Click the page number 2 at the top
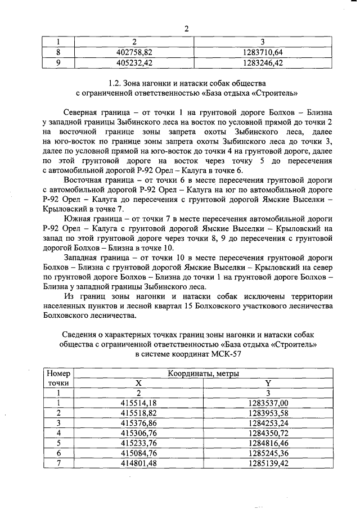(186, 29)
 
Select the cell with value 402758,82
(134, 52)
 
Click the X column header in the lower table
(138, 383)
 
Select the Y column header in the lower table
(268, 383)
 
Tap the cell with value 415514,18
(138, 403)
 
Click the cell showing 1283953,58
(268, 413)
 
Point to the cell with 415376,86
(138, 423)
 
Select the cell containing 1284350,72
(268, 433)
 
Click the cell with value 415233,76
(138, 443)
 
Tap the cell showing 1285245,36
(268, 453)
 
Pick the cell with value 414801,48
(138, 463)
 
